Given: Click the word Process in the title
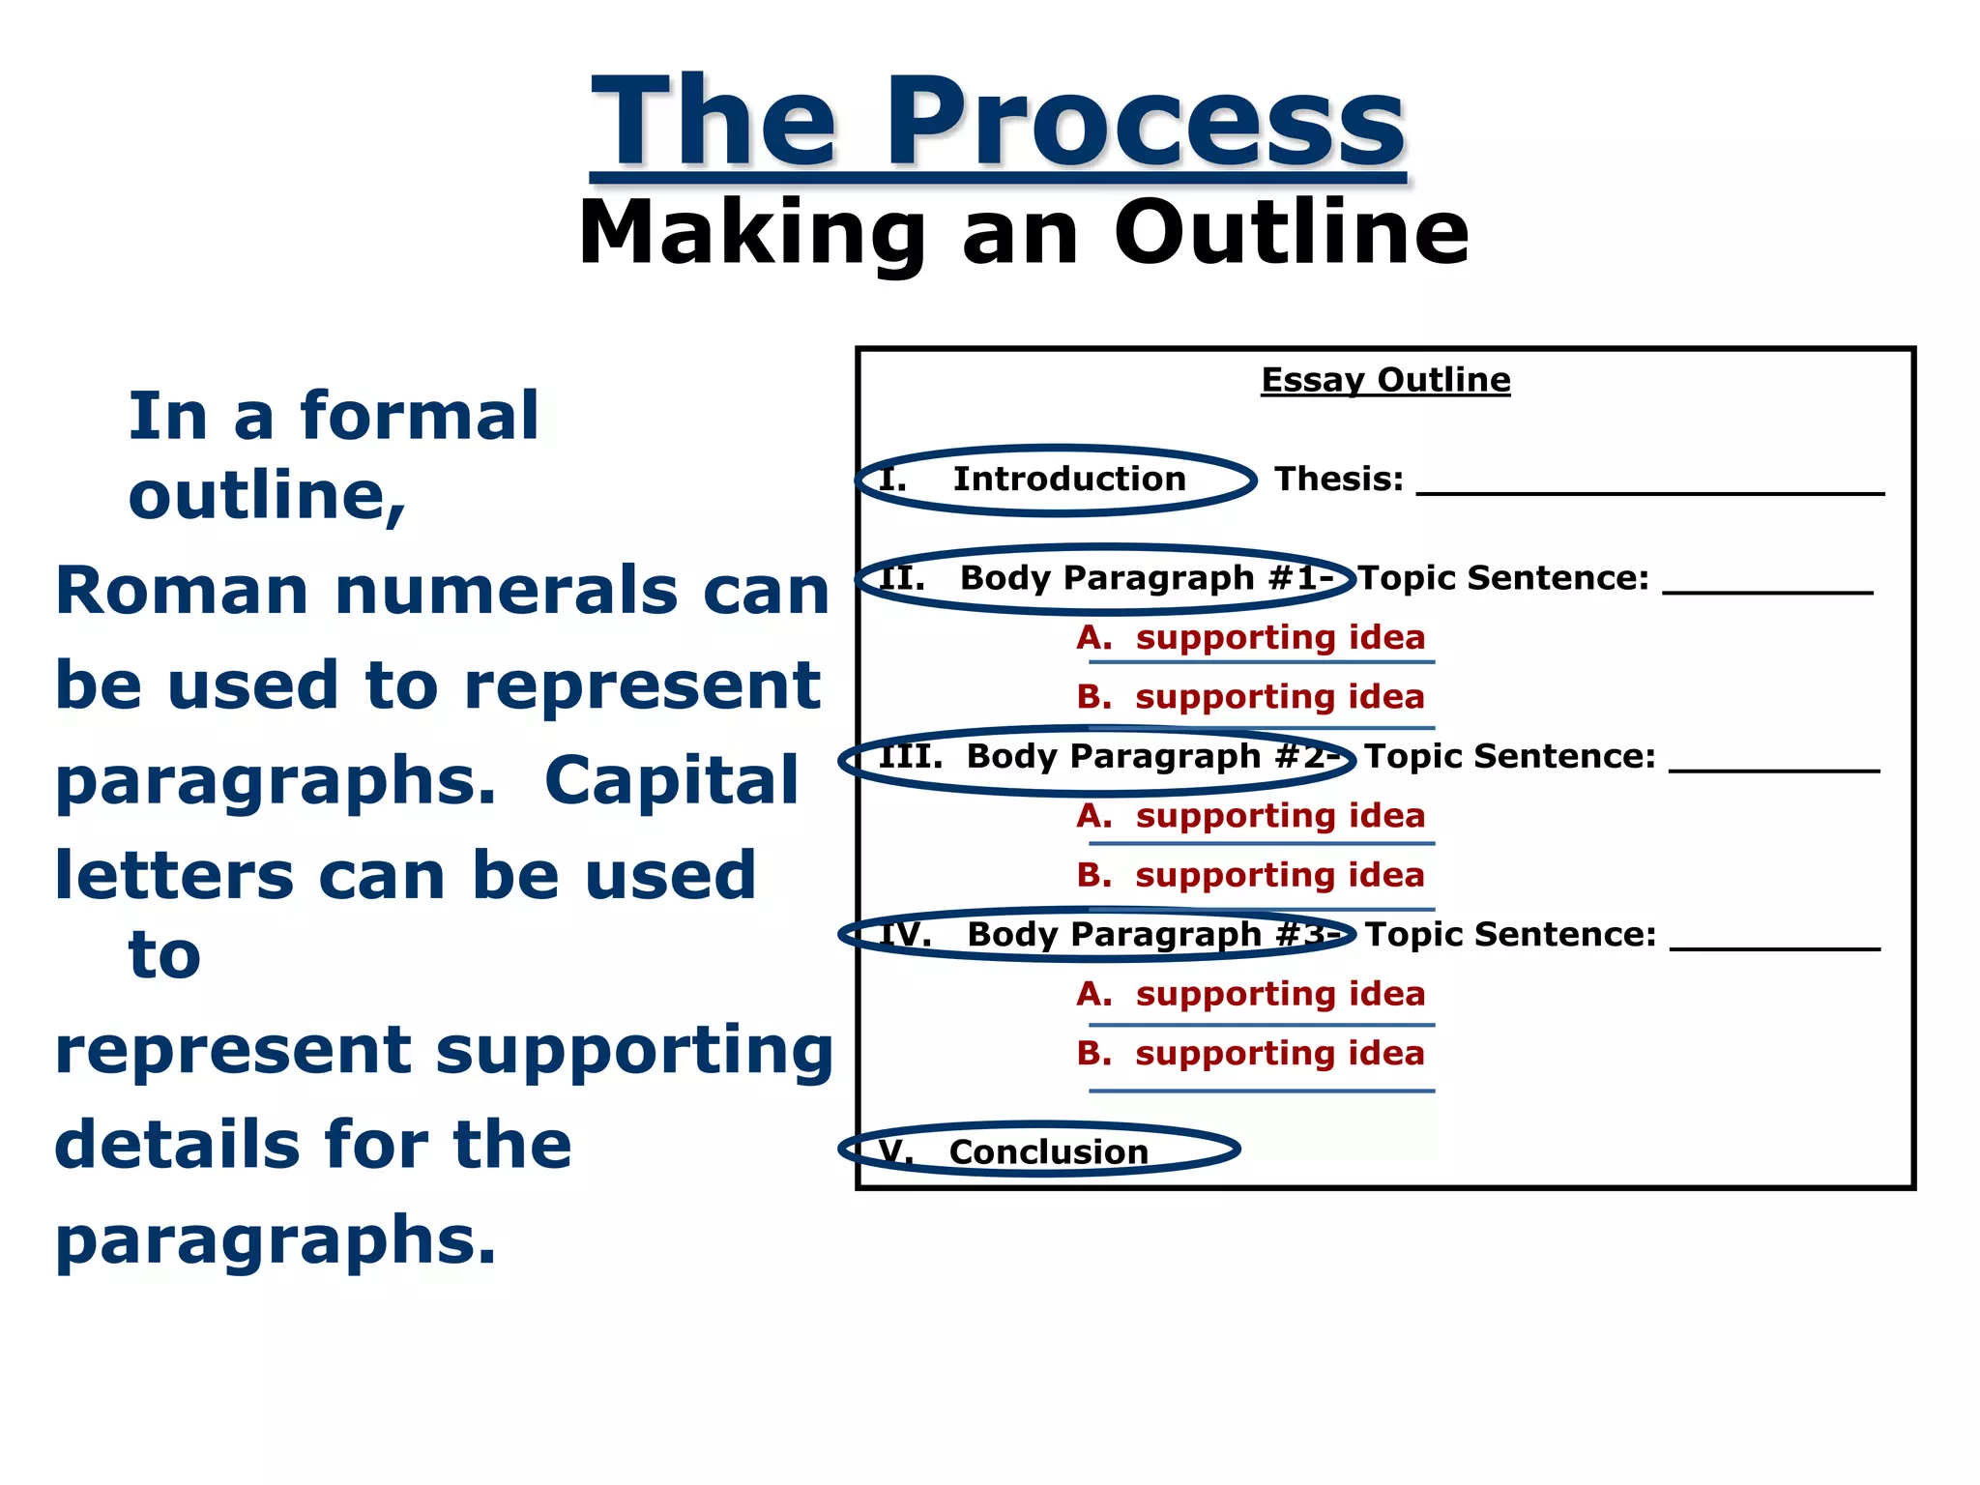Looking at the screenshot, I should [x=1145, y=124].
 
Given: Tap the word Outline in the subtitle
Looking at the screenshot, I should [x=1292, y=233].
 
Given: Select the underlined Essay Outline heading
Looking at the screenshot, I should [x=1385, y=380].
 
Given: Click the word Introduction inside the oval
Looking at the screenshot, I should [x=1069, y=479].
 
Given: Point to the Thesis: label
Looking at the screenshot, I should [x=1338, y=479].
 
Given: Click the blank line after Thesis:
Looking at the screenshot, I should [x=1649, y=491].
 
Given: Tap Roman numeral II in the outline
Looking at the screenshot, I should [x=900, y=578].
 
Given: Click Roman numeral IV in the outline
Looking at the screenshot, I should [x=905, y=934].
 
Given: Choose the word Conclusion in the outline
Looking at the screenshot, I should [x=1049, y=1151].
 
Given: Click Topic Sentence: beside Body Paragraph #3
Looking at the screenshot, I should [x=1510, y=934].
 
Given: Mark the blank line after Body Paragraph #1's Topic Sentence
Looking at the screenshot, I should [x=1767, y=590].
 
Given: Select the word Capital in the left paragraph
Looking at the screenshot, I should [x=671, y=780].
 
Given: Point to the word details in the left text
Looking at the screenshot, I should [x=178, y=1144].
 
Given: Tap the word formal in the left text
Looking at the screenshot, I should [x=419, y=416].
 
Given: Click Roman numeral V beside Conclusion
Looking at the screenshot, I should [x=895, y=1151].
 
